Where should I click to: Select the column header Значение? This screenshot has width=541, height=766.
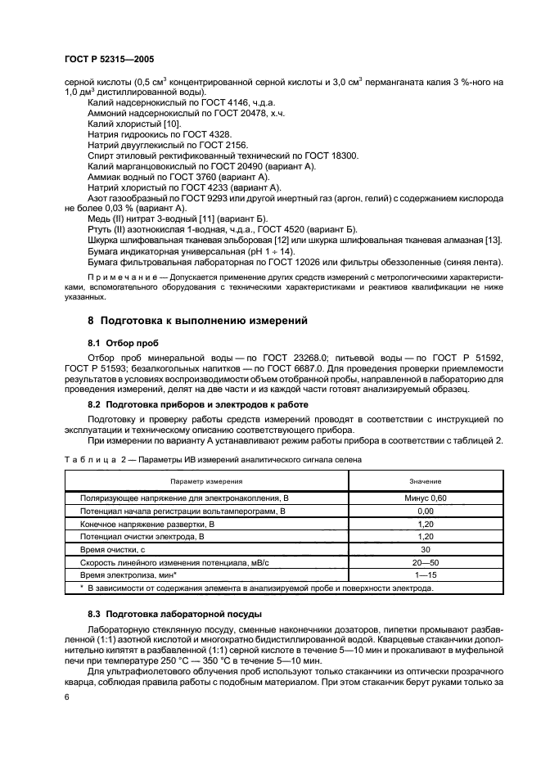pos(425,481)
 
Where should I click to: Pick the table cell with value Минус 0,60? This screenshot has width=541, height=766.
pos(425,498)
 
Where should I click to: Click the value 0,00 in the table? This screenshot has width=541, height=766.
pos(425,511)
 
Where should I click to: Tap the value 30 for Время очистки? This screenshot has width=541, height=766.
pos(425,550)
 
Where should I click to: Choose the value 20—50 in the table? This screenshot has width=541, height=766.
pos(425,563)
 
